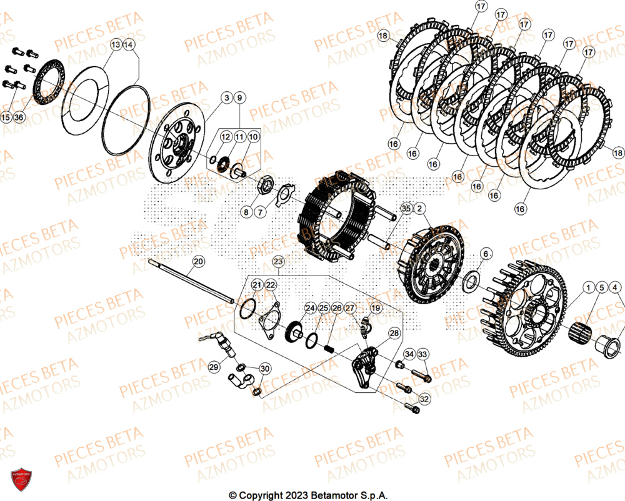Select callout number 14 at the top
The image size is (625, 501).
click(x=129, y=45)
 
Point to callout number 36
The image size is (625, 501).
click(x=18, y=117)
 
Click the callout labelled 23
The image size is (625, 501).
click(x=278, y=262)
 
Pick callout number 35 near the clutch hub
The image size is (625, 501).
click(x=406, y=208)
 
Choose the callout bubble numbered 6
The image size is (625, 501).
click(x=486, y=254)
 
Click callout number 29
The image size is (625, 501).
click(x=214, y=368)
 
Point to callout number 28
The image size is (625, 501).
click(x=394, y=334)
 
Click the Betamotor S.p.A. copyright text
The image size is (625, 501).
click(x=308, y=495)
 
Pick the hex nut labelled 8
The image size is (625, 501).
click(x=264, y=186)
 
